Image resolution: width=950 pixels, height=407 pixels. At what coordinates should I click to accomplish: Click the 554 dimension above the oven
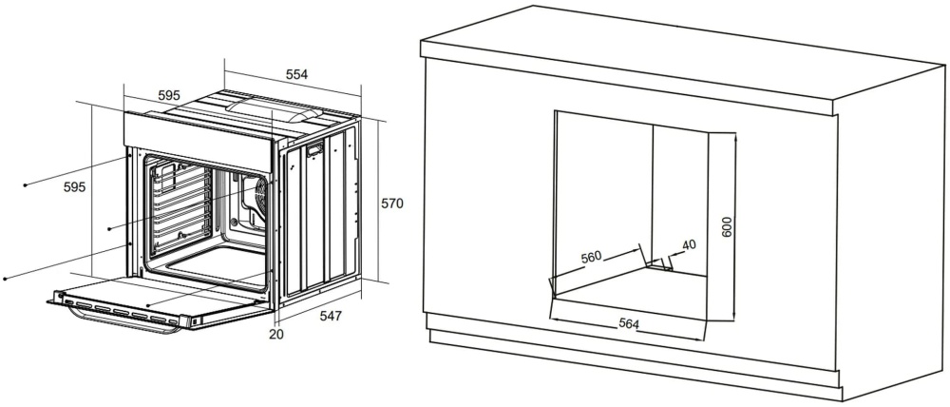pyautogui.click(x=296, y=74)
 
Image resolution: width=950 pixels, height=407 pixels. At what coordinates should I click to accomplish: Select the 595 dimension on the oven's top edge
pyautogui.click(x=169, y=95)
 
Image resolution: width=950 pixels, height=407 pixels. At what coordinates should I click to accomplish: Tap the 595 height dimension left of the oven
pyautogui.click(x=74, y=186)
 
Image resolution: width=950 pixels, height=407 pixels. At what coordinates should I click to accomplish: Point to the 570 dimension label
pyautogui.click(x=392, y=203)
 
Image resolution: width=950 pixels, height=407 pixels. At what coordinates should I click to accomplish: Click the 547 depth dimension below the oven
pyautogui.click(x=331, y=316)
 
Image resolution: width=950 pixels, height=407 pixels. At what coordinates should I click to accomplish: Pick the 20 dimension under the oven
pyautogui.click(x=276, y=334)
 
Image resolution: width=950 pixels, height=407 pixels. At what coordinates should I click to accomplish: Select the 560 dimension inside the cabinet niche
pyautogui.click(x=591, y=257)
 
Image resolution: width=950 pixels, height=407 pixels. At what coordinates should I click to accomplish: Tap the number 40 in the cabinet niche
pyautogui.click(x=689, y=245)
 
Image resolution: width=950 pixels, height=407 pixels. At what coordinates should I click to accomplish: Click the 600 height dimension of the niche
pyautogui.click(x=728, y=227)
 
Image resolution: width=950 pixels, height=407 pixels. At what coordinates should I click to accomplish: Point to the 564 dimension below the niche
pyautogui.click(x=629, y=324)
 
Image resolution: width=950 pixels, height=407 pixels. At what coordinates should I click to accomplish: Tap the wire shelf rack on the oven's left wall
pyautogui.click(x=181, y=206)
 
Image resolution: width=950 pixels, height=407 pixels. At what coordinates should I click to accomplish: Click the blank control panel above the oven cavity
pyautogui.click(x=198, y=141)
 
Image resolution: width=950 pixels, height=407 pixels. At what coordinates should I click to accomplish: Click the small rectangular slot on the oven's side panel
pyautogui.click(x=315, y=149)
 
